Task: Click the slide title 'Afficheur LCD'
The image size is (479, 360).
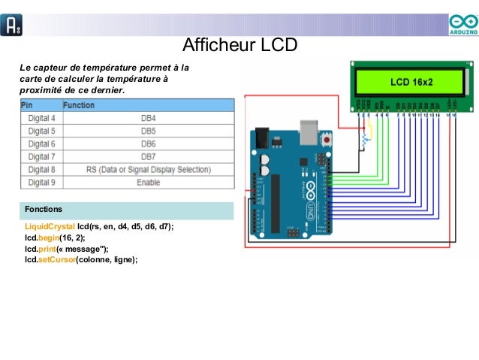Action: pos(240,45)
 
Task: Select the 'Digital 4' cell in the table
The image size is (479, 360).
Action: pos(41,119)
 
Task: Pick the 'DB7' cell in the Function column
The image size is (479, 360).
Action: pos(148,157)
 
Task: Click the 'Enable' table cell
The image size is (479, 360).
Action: pos(148,183)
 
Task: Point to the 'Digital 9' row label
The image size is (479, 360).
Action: pos(41,183)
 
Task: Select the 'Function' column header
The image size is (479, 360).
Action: pos(79,106)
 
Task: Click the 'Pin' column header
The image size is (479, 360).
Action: pos(27,106)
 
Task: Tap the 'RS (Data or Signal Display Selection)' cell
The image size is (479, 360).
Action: pos(148,170)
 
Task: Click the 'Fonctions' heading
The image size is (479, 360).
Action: pos(44,208)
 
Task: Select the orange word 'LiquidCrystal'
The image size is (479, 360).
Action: pos(50,226)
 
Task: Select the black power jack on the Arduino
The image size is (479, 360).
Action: pos(261,140)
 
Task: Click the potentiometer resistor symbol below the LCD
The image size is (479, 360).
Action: pos(366,140)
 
